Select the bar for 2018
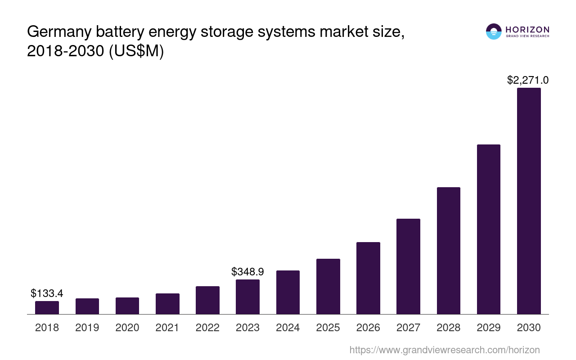[47, 308]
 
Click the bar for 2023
[247, 297]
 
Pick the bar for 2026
[368, 278]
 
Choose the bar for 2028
[448, 251]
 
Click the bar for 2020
[127, 306]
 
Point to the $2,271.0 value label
[528, 80]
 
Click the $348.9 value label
[247, 271]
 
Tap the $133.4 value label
[47, 293]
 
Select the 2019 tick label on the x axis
[87, 328]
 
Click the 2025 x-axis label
[328, 328]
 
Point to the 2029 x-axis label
[489, 328]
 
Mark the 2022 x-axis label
[207, 328]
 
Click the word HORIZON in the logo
[527, 29]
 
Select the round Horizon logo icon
[494, 31]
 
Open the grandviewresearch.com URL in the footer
[445, 350]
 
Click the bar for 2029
[489, 229]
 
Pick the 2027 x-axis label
[408, 328]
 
